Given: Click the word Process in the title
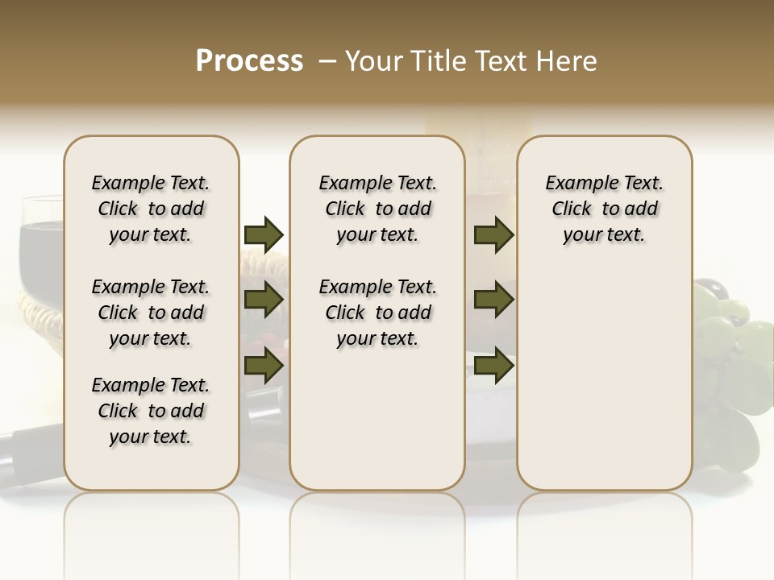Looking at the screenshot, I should pos(249,61).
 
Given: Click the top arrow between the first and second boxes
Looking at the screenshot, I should pos(264,234).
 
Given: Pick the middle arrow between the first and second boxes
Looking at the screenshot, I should pos(264,300).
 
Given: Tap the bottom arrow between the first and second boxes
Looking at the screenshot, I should pos(264,366).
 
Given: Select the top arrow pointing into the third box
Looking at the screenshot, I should pos(493,234).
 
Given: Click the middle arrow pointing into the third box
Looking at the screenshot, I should pos(493,300).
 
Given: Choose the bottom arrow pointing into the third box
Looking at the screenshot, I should pos(493,366).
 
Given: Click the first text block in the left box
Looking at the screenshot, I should pos(150,209).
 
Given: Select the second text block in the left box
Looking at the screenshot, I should pos(150,313).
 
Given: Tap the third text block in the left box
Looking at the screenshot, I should pos(150,411).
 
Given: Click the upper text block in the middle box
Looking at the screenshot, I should pos(377,209).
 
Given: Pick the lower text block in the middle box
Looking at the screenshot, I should pos(377,313).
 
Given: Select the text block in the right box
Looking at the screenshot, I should pos(604,209).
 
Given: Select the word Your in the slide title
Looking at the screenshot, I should pos(373,61).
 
